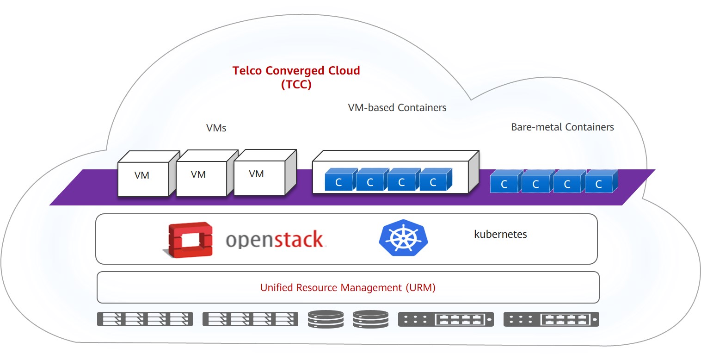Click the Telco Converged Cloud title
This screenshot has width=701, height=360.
point(296,71)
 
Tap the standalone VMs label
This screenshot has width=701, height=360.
point(216,128)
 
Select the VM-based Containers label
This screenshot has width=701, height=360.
point(397,108)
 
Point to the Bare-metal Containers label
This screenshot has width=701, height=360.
point(562,127)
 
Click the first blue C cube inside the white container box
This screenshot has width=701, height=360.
point(339,182)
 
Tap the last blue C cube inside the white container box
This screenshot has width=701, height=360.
point(433,182)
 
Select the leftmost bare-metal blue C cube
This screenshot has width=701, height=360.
point(504,184)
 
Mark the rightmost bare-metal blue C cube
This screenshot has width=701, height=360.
point(599,184)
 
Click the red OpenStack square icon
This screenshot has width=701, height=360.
point(190,239)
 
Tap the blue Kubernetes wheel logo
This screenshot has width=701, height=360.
point(403,238)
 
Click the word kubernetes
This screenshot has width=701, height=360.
point(500,234)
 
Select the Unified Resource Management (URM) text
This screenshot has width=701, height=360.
point(348,287)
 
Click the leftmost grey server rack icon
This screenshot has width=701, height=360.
point(145,319)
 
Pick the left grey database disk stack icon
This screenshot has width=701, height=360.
point(326,319)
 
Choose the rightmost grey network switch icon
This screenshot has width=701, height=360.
point(551,319)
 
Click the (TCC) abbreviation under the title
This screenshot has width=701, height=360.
point(296,85)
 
